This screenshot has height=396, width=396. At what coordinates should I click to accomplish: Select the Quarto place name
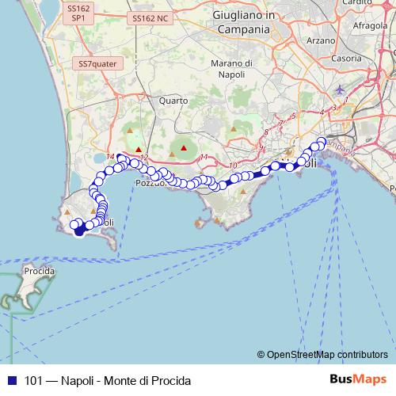click(173, 101)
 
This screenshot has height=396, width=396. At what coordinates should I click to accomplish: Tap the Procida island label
click(39, 271)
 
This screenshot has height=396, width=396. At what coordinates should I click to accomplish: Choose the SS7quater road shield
click(96, 63)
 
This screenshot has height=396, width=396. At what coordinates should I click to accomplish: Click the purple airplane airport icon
click(341, 89)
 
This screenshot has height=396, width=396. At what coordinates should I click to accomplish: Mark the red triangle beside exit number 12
click(139, 149)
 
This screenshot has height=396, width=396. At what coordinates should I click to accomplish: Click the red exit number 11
click(204, 158)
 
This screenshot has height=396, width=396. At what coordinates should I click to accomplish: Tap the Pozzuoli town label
click(150, 183)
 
